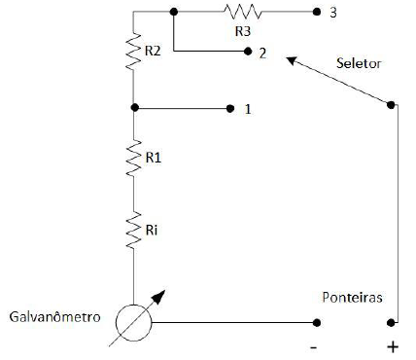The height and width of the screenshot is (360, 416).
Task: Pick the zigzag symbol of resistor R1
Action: point(134,159)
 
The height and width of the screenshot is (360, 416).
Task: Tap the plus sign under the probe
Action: point(394,345)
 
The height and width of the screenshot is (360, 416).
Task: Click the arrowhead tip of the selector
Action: point(287,57)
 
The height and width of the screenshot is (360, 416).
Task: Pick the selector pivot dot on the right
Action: point(393,104)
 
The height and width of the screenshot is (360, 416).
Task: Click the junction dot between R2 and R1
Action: point(134,107)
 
